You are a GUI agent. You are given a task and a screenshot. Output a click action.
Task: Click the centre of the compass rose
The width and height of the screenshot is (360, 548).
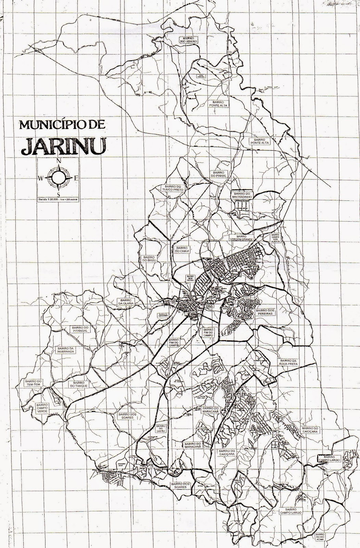point(59,177)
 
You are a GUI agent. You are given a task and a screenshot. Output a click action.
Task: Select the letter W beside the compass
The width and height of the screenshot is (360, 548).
point(41,178)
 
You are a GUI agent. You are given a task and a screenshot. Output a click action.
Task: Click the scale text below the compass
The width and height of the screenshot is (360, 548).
point(59,198)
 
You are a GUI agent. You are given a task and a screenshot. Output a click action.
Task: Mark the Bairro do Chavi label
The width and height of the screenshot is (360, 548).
point(182,249)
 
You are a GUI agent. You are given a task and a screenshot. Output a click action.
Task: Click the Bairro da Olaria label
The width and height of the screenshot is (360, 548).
point(125,301)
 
